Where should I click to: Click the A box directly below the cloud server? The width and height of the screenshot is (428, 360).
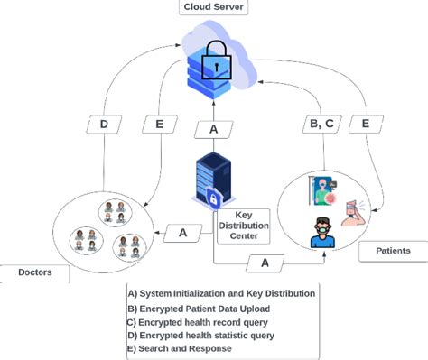(213, 129)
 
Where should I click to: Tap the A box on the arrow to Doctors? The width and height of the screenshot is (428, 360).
(182, 233)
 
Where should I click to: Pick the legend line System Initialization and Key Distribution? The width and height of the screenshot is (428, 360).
(221, 292)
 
